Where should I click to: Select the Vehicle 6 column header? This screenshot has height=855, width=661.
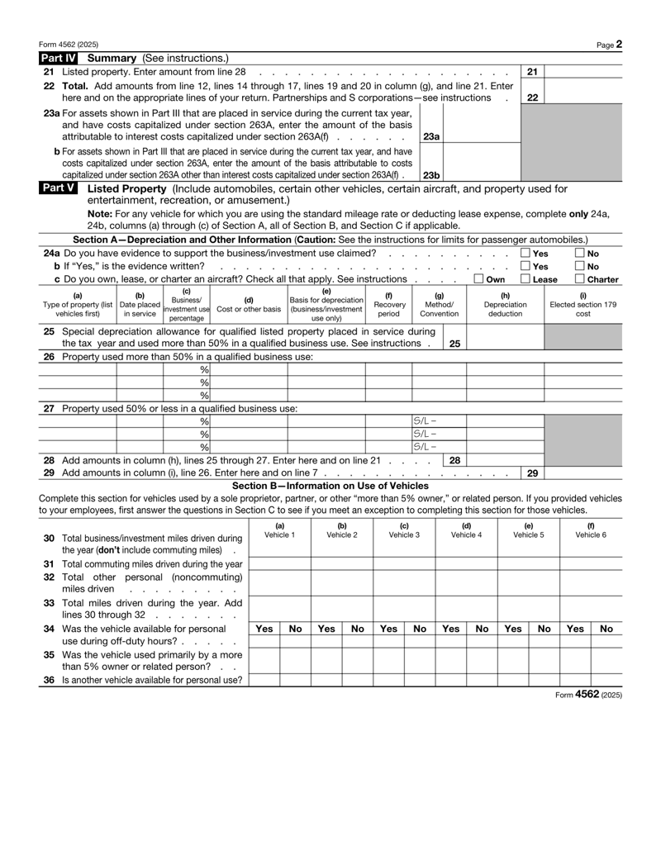591,530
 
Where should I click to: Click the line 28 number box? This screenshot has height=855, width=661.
454,458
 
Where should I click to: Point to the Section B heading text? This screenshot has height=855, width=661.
330,485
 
